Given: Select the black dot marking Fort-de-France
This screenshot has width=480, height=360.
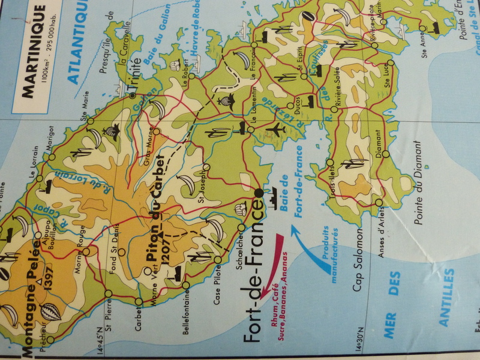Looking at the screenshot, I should pyautogui.click(x=258, y=193).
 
